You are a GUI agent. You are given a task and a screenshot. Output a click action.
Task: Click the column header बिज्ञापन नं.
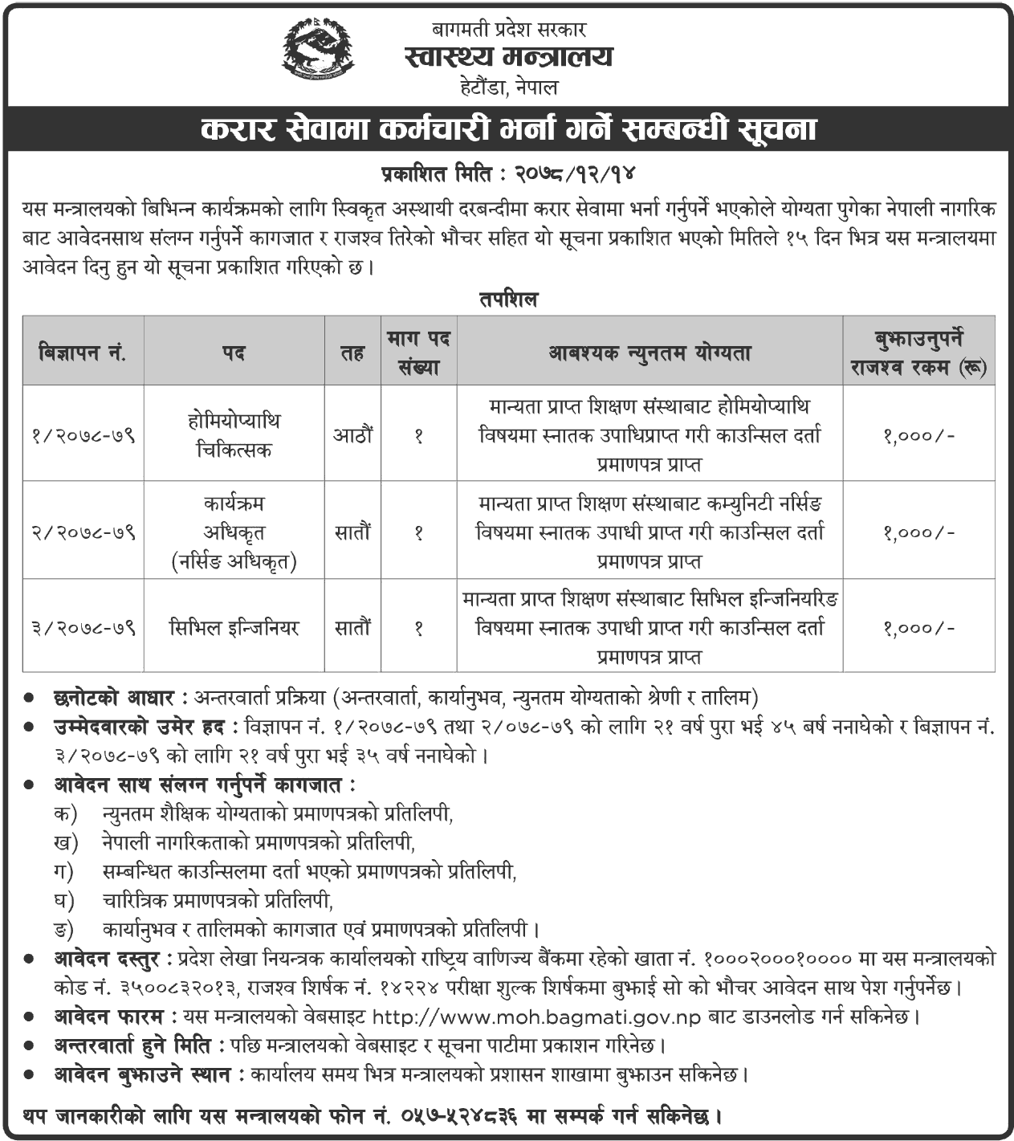pos(83,352)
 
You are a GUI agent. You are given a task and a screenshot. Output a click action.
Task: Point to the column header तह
pos(352,352)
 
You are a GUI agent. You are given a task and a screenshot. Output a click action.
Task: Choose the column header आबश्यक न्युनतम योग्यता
pos(650,352)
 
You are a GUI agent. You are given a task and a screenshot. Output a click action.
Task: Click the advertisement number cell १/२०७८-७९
pos(83,435)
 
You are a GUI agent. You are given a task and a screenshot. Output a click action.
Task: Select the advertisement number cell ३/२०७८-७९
pos(83,627)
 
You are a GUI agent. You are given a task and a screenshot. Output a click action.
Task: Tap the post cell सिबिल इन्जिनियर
pos(234,627)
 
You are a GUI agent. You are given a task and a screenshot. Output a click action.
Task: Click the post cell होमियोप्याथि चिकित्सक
pos(234,435)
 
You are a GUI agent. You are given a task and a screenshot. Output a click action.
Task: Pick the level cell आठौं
pos(352,435)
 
